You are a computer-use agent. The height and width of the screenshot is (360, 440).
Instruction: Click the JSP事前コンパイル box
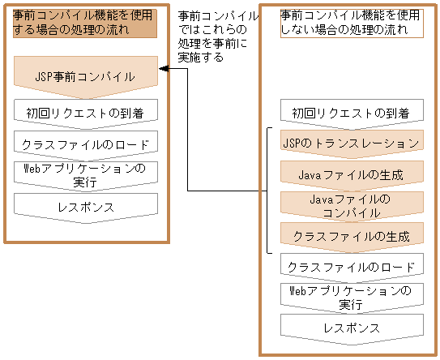click(85, 77)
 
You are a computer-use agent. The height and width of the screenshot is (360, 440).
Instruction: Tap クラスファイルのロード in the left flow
click(85, 144)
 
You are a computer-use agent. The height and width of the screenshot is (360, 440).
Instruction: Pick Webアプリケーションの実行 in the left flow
click(85, 174)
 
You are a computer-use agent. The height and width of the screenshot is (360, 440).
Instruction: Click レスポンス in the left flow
click(85, 206)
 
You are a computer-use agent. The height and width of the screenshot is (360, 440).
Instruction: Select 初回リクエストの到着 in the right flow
click(351, 113)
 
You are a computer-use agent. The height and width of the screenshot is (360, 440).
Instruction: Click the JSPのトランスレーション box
click(351, 143)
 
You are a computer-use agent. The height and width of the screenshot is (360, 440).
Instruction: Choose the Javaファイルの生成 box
click(351, 174)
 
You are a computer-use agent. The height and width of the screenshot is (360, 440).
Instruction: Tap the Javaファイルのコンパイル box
click(351, 205)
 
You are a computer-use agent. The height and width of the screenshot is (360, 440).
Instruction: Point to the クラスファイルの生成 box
click(351, 236)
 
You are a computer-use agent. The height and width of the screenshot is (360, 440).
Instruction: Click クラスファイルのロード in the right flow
click(351, 266)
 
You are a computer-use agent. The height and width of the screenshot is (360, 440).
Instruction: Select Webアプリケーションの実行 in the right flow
click(351, 297)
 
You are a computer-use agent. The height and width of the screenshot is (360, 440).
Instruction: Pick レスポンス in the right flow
click(351, 328)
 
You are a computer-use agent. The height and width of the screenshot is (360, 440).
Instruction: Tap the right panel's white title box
click(350, 23)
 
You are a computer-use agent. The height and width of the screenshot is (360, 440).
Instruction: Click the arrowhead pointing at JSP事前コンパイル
click(163, 69)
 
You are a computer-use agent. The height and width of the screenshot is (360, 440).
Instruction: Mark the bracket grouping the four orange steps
click(269, 190)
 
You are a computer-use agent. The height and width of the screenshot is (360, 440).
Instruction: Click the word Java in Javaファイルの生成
click(310, 174)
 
